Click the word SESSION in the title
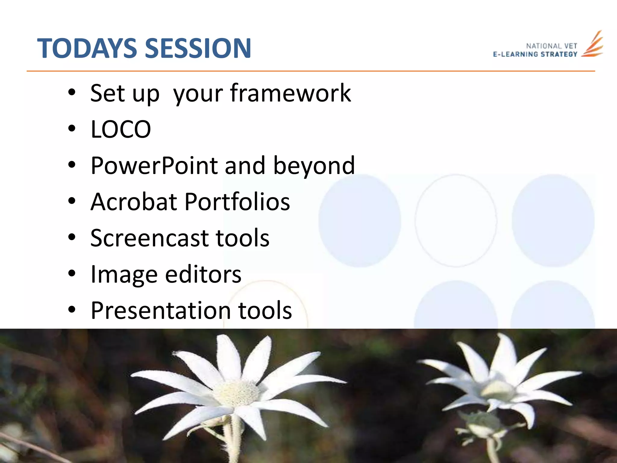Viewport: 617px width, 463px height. point(198,48)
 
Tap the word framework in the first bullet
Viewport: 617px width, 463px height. point(290,93)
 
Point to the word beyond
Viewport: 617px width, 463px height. point(314,166)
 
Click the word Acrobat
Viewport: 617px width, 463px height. point(134,202)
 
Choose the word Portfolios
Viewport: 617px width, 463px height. point(237,202)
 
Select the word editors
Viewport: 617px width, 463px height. point(203,274)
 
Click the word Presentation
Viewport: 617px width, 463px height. point(161,310)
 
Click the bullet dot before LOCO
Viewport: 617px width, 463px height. point(72,129)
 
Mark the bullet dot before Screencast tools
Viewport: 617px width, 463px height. point(72,238)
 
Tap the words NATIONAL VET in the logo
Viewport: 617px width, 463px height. point(551,46)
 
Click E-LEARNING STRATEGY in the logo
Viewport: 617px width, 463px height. point(535,54)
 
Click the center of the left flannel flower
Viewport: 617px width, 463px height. point(236,392)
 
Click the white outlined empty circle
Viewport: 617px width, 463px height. point(456,221)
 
